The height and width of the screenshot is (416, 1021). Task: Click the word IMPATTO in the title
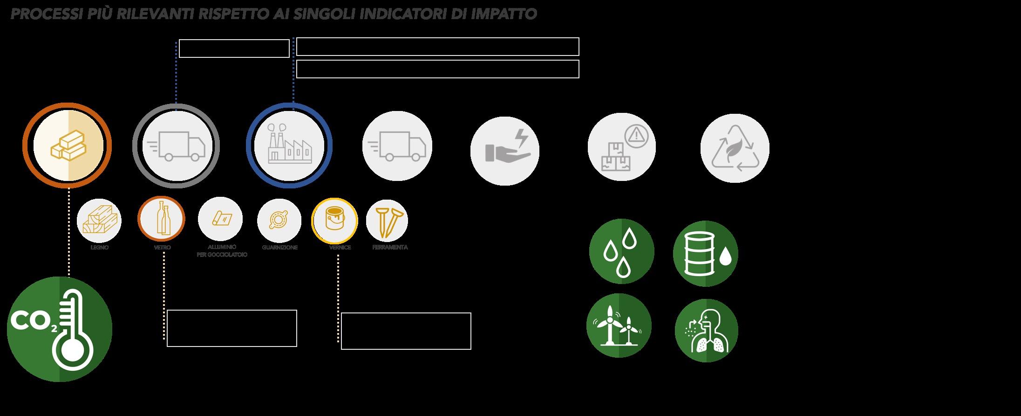tap(504, 14)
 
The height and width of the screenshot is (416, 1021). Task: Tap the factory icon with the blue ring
tap(289, 146)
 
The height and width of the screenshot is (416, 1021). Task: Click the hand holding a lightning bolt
tap(505, 150)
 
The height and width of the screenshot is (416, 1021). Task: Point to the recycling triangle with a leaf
tap(735, 148)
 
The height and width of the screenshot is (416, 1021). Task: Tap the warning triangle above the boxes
tap(634, 135)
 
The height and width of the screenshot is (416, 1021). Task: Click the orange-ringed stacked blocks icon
tap(67, 146)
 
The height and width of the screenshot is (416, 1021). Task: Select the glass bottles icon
tap(161, 219)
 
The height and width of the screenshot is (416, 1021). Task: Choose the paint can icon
tap(334, 220)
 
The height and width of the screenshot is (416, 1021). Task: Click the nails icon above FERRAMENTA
tap(387, 220)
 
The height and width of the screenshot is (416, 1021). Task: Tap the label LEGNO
tap(99, 248)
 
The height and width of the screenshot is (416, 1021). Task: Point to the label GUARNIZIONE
tap(279, 248)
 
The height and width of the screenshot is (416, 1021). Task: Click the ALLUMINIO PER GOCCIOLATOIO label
tap(222, 251)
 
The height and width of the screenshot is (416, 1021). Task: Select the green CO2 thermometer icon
tap(60, 329)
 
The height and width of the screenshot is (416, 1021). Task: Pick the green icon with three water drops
tap(621, 252)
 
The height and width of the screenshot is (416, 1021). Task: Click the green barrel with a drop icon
tap(705, 254)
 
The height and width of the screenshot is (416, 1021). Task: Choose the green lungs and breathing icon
tap(706, 331)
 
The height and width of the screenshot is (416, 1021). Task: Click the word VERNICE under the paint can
tap(340, 248)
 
